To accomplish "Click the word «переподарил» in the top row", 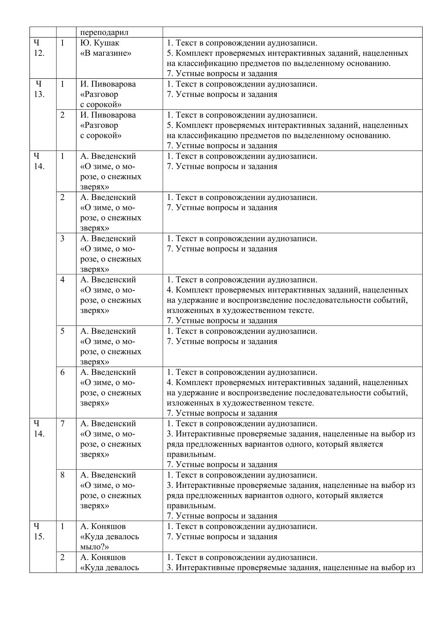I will pyautogui.click(x=104, y=32).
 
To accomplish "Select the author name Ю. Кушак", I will pyautogui.click(x=100, y=43).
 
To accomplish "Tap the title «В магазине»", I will pyautogui.click(x=106, y=53).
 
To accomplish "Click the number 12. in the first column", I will pyautogui.click(x=39, y=53).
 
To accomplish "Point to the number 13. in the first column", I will pyautogui.click(x=39, y=94).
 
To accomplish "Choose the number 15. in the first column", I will pyautogui.click(x=39, y=537).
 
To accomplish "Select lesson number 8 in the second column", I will pyautogui.click(x=62, y=475).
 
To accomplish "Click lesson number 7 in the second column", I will pyautogui.click(x=62, y=424).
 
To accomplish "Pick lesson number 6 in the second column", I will pyautogui.click(x=62, y=372).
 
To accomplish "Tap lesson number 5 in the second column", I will pyautogui.click(x=62, y=331).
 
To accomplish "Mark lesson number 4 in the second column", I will pyautogui.click(x=62, y=279).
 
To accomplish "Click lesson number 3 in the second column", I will pyautogui.click(x=62, y=238).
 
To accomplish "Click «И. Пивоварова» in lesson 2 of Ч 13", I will pyautogui.click(x=108, y=115).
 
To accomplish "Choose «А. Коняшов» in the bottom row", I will pyautogui.click(x=103, y=557).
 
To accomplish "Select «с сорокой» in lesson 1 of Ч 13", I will pyautogui.click(x=101, y=105).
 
